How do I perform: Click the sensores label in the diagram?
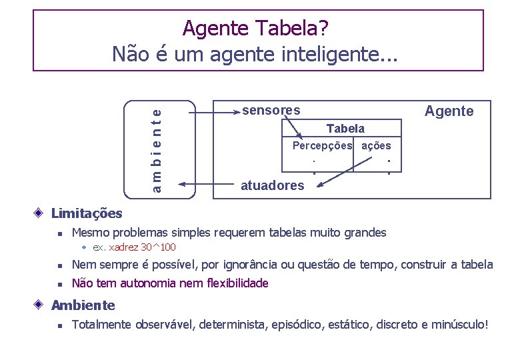click(x=271, y=110)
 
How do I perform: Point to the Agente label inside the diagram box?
click(x=449, y=111)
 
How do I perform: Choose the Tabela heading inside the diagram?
click(x=345, y=128)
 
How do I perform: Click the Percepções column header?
click(x=323, y=145)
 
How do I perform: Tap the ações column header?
click(x=376, y=145)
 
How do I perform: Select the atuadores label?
click(x=272, y=185)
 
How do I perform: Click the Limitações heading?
click(x=87, y=213)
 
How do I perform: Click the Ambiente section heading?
click(x=83, y=305)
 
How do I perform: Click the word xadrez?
click(x=124, y=247)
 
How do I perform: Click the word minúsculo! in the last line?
click(x=460, y=325)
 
